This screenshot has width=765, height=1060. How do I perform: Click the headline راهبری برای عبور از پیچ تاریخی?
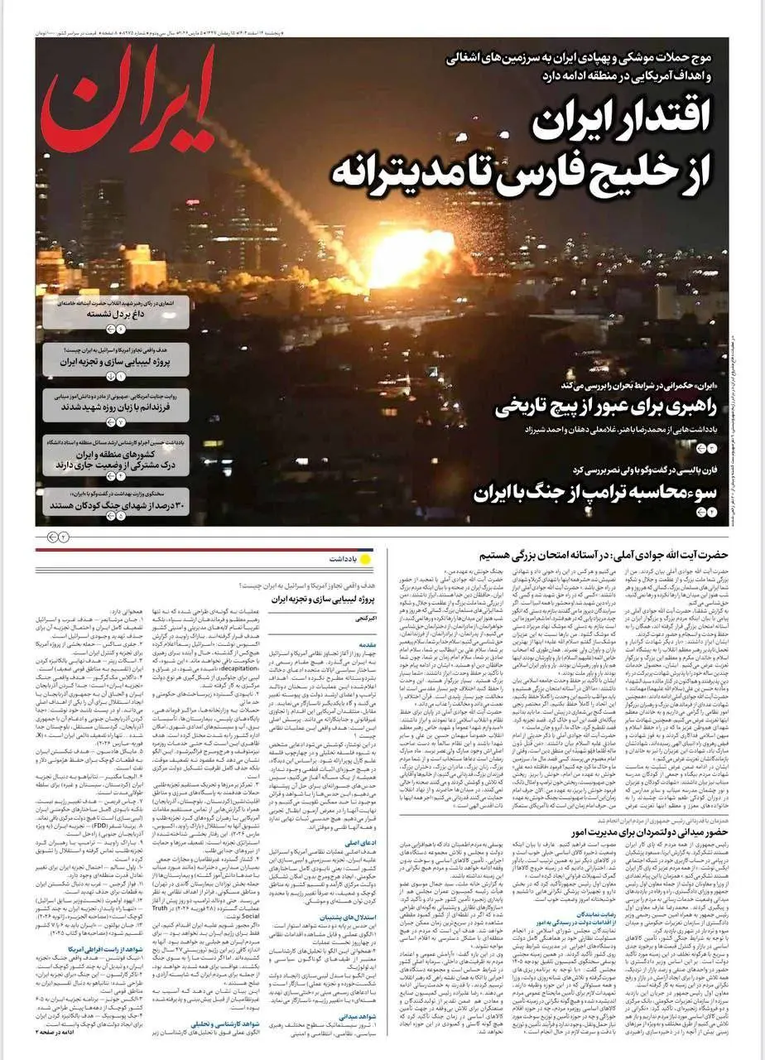(x=611, y=407)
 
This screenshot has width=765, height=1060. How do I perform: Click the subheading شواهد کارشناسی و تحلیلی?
(x=331, y=1024)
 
